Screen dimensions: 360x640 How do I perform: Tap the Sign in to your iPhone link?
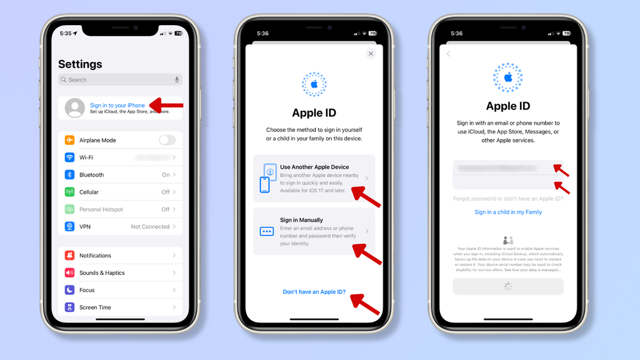click(117, 105)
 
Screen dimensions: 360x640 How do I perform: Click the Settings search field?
click(112, 80)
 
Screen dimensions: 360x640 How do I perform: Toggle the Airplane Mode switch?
click(167, 140)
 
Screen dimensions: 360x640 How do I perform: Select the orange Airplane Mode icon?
click(70, 140)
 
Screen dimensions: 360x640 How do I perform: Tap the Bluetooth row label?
click(92, 175)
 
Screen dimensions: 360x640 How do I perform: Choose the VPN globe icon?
click(70, 226)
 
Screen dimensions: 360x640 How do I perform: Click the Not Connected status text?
click(150, 227)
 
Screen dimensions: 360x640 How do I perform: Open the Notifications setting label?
click(95, 256)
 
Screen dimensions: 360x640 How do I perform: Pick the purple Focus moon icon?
click(70, 290)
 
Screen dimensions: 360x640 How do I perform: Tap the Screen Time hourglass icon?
click(70, 307)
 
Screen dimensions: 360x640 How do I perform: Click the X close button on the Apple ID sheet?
click(371, 54)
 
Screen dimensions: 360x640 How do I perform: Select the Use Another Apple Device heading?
click(314, 167)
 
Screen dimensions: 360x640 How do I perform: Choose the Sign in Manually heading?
click(302, 220)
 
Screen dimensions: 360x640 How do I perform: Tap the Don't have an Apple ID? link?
click(314, 291)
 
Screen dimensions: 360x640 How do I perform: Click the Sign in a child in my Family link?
click(508, 212)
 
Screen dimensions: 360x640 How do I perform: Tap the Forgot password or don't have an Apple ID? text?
click(508, 198)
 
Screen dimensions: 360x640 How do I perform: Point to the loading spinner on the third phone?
click(508, 286)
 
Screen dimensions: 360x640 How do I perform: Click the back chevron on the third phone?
click(449, 54)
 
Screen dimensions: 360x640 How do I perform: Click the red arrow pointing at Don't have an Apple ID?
click(366, 305)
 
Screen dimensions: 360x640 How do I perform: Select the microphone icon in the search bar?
click(177, 80)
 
